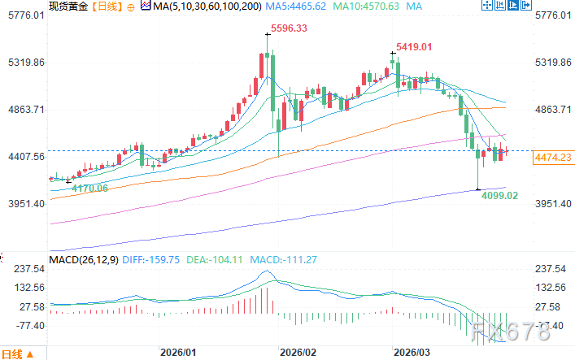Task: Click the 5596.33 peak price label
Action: point(290,28)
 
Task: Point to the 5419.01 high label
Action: point(415,47)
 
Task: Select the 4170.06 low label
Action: point(90,189)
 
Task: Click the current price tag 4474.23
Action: point(552,158)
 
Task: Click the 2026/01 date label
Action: point(178,353)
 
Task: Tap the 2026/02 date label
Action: point(297,353)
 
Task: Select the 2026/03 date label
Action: point(412,353)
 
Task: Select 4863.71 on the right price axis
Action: point(555,109)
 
